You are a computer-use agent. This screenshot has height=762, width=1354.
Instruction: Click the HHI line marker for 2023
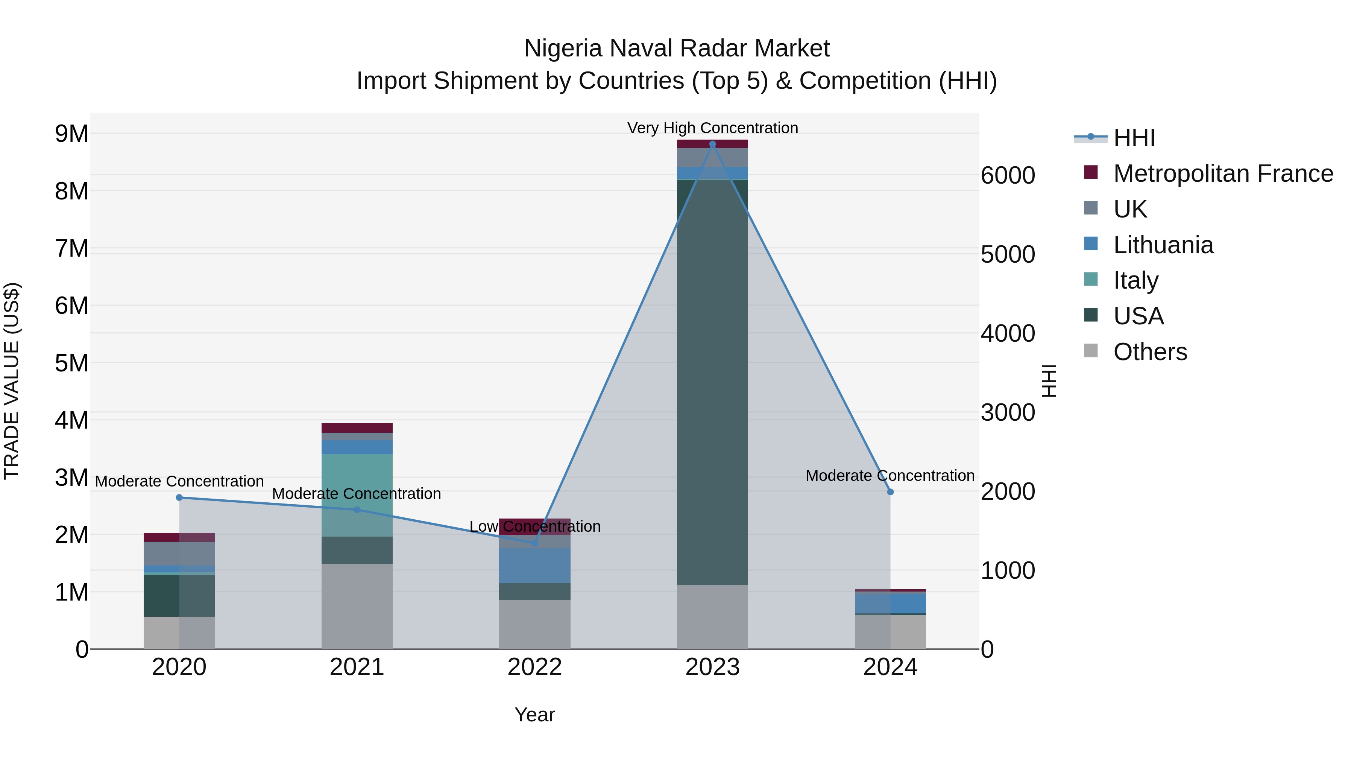pos(712,144)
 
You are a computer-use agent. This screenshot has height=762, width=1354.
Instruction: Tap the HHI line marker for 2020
pos(179,497)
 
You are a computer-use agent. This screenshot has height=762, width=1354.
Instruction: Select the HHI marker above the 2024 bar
pos(890,492)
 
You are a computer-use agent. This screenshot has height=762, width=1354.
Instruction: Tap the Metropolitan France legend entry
pos(1223,173)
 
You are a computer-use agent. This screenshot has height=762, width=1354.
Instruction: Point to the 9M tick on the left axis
pos(72,134)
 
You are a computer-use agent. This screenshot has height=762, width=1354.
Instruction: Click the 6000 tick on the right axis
pos(1008,176)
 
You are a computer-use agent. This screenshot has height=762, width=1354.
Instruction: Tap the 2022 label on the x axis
pos(534,667)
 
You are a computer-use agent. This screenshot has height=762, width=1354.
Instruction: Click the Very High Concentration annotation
pos(712,128)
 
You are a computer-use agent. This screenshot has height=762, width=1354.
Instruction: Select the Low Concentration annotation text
pos(534,526)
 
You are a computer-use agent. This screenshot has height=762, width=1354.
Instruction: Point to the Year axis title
pos(534,715)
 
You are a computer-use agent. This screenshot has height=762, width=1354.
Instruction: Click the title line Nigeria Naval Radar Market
pos(677,49)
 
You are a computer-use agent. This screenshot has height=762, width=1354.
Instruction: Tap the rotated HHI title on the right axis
pos(1049,381)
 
